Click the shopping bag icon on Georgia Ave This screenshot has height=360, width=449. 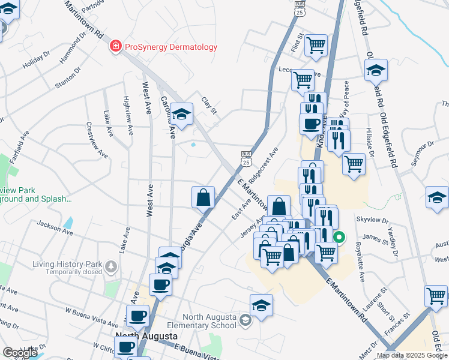click(203, 197)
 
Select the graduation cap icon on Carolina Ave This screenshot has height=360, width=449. click(181, 113)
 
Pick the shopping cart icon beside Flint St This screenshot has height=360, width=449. click(315, 44)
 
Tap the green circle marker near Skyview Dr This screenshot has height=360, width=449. click(339, 237)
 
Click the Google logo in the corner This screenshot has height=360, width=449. click(19, 353)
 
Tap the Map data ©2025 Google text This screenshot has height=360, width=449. click(412, 355)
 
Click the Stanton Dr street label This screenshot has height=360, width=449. click(67, 79)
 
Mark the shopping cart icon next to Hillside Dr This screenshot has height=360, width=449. click(354, 164)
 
